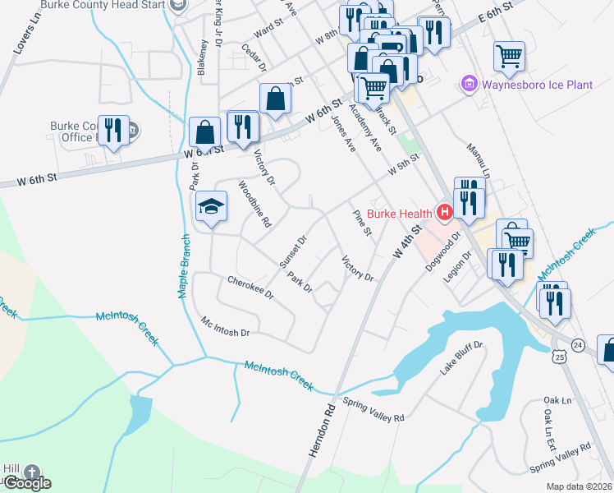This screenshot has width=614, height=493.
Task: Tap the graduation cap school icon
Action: click(x=211, y=208)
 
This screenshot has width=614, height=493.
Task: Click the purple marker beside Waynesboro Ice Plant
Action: click(x=469, y=83)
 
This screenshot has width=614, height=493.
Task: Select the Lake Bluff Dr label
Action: click(x=462, y=359)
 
